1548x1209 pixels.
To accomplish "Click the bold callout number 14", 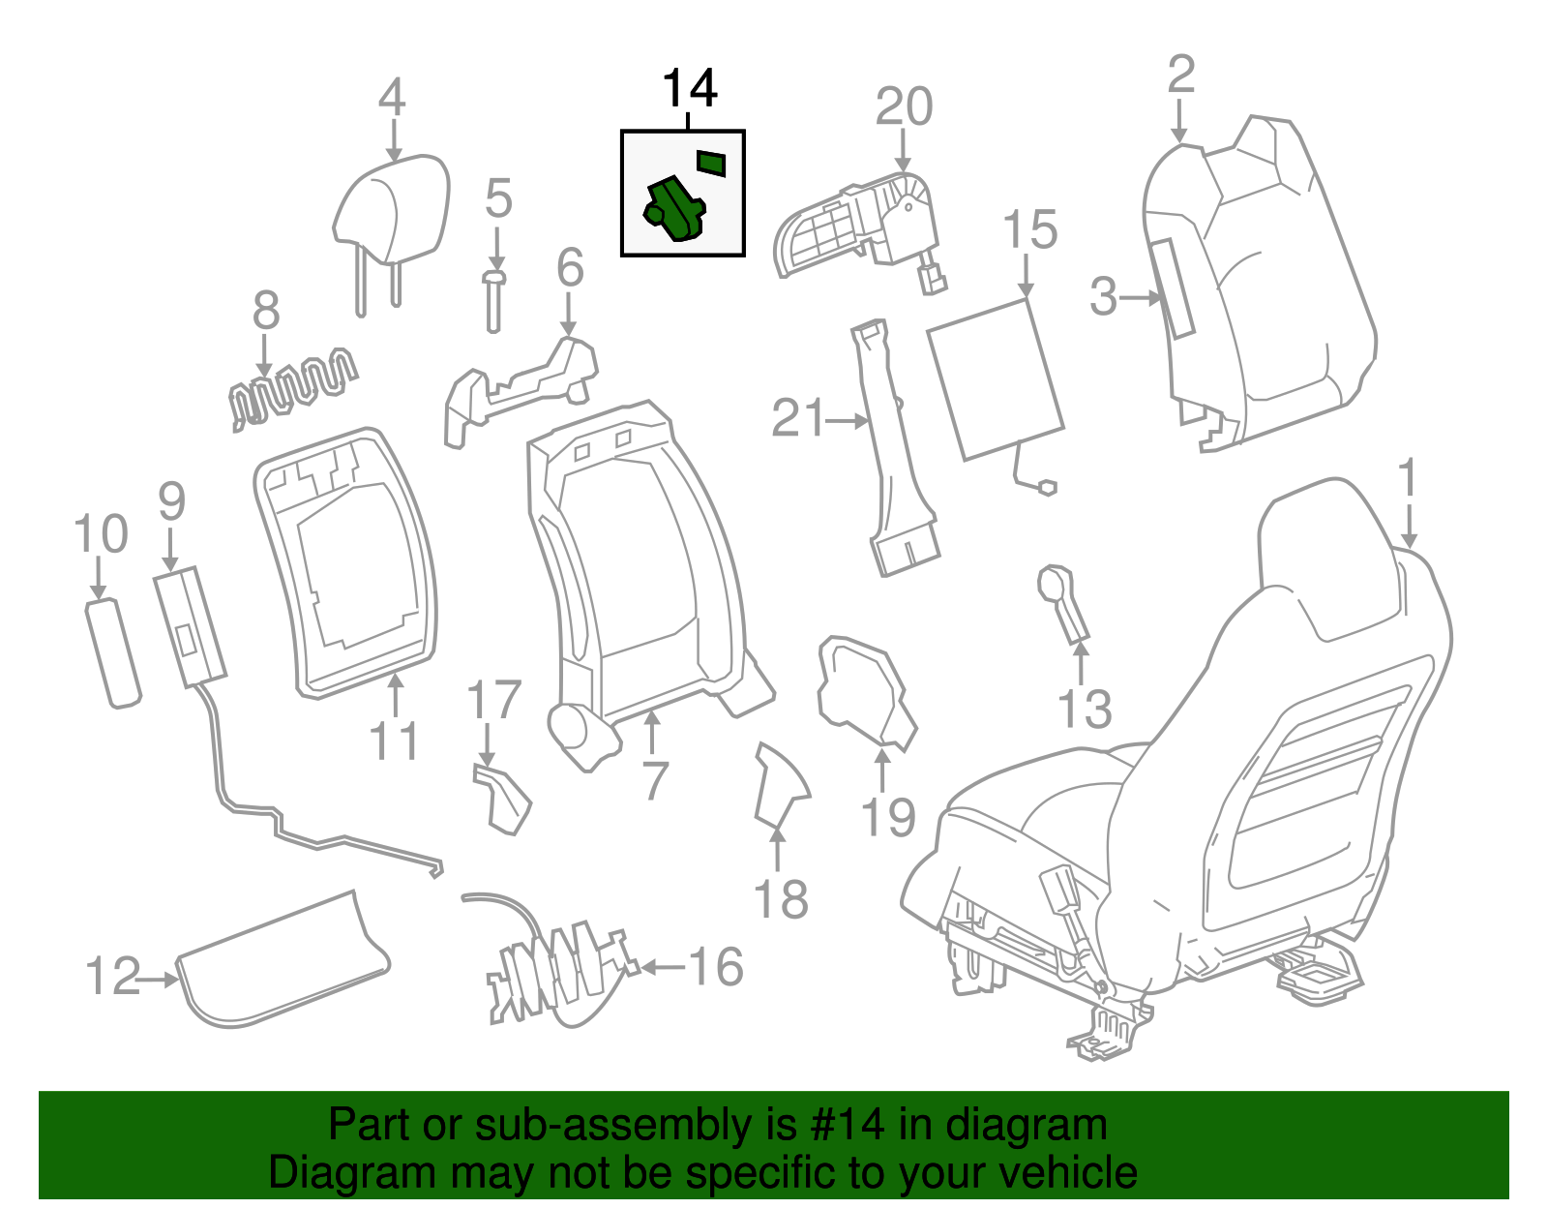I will point(689,90).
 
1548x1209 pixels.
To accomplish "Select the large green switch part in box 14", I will point(674,209).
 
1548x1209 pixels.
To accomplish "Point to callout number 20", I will point(904,106).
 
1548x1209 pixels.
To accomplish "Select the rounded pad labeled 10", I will point(113,654).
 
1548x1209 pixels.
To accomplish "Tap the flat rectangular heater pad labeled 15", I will point(995,379).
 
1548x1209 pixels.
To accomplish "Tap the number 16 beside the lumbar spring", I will point(716,966).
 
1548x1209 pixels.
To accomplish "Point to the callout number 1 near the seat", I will point(1408,481).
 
